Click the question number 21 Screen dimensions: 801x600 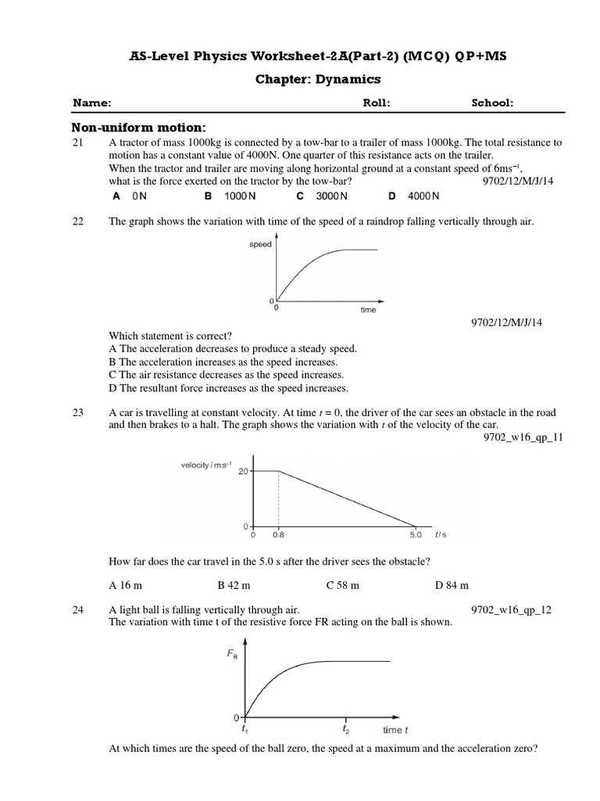[77, 143]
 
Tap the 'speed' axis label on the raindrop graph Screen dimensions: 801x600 [260, 245]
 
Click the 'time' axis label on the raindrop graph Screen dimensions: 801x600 [368, 310]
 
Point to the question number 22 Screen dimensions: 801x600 [77, 222]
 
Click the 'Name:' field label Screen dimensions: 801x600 [92, 102]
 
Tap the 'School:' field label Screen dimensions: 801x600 [492, 102]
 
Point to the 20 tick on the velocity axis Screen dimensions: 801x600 [243, 471]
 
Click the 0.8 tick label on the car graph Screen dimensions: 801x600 [279, 536]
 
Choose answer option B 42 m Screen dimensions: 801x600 [234, 584]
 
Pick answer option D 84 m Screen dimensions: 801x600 [452, 584]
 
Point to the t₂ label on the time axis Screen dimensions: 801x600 [346, 729]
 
